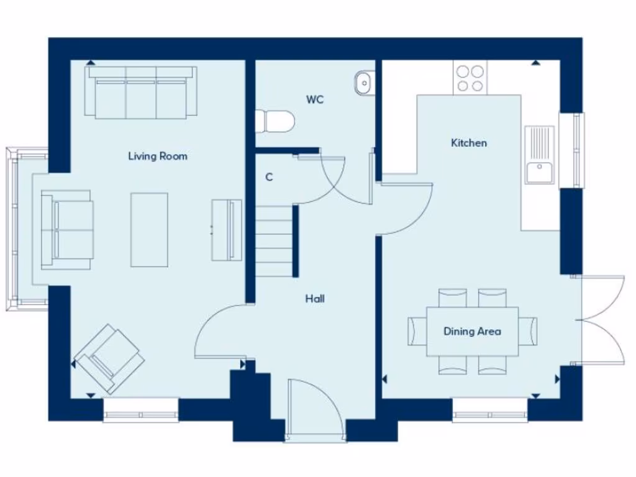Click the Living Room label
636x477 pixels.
[x=157, y=156]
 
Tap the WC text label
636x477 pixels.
[x=315, y=99]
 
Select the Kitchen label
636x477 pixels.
[x=468, y=143]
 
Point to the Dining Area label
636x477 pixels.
[x=472, y=331]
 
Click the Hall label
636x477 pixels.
[x=315, y=299]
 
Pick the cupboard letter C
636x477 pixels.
[x=269, y=177]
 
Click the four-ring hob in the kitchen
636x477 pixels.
[x=470, y=78]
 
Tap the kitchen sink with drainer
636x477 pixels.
[x=539, y=155]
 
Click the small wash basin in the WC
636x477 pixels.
[x=364, y=81]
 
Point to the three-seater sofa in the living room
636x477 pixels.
[x=142, y=93]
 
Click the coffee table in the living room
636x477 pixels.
[x=149, y=229]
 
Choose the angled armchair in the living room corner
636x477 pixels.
[x=108, y=359]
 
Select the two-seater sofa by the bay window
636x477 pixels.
[x=67, y=230]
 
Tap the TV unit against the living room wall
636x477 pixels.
[x=227, y=230]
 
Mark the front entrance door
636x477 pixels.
[x=316, y=410]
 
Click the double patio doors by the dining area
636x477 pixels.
[x=601, y=319]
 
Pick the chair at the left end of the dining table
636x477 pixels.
[x=417, y=331]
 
